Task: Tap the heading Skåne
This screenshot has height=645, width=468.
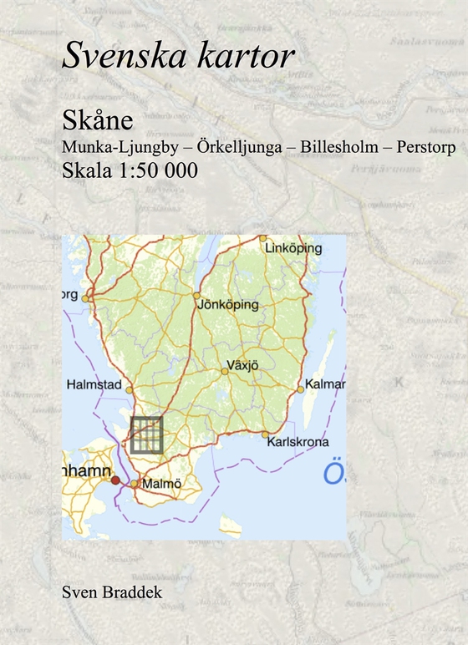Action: click(x=97, y=120)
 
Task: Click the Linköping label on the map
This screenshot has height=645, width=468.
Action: click(x=292, y=249)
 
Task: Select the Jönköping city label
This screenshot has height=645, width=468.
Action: click(x=227, y=305)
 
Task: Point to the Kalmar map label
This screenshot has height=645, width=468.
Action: click(x=326, y=384)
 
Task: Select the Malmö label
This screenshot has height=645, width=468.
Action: click(x=161, y=483)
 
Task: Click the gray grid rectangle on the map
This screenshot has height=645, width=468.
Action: click(x=146, y=434)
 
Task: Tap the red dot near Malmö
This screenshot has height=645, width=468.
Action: click(x=115, y=480)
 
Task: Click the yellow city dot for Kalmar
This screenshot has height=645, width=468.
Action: click(x=301, y=390)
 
